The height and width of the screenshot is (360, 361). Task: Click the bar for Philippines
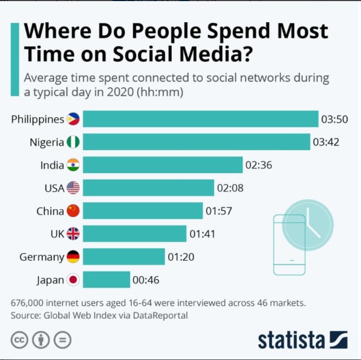[201, 119]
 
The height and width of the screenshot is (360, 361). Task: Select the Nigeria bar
[196, 142]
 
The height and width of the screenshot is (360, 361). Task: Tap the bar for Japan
[106, 280]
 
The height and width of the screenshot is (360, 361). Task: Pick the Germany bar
[124, 256]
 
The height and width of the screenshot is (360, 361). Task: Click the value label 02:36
[259, 165]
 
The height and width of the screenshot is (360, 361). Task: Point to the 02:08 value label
[230, 188]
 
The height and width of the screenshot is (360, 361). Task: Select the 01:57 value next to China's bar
[218, 211]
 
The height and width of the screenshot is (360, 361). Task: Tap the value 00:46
[146, 280]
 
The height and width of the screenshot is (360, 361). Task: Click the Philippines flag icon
[73, 119]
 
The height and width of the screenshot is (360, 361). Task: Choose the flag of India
[73, 165]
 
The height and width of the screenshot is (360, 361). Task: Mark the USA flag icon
[73, 188]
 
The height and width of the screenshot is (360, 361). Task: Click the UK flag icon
[73, 234]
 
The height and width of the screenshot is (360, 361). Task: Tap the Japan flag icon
[73, 280]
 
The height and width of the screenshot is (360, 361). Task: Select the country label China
[50, 211]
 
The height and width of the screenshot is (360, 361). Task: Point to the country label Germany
[42, 257]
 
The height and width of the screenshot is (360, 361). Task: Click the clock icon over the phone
[308, 224]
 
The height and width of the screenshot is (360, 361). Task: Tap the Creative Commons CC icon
[20, 340]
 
